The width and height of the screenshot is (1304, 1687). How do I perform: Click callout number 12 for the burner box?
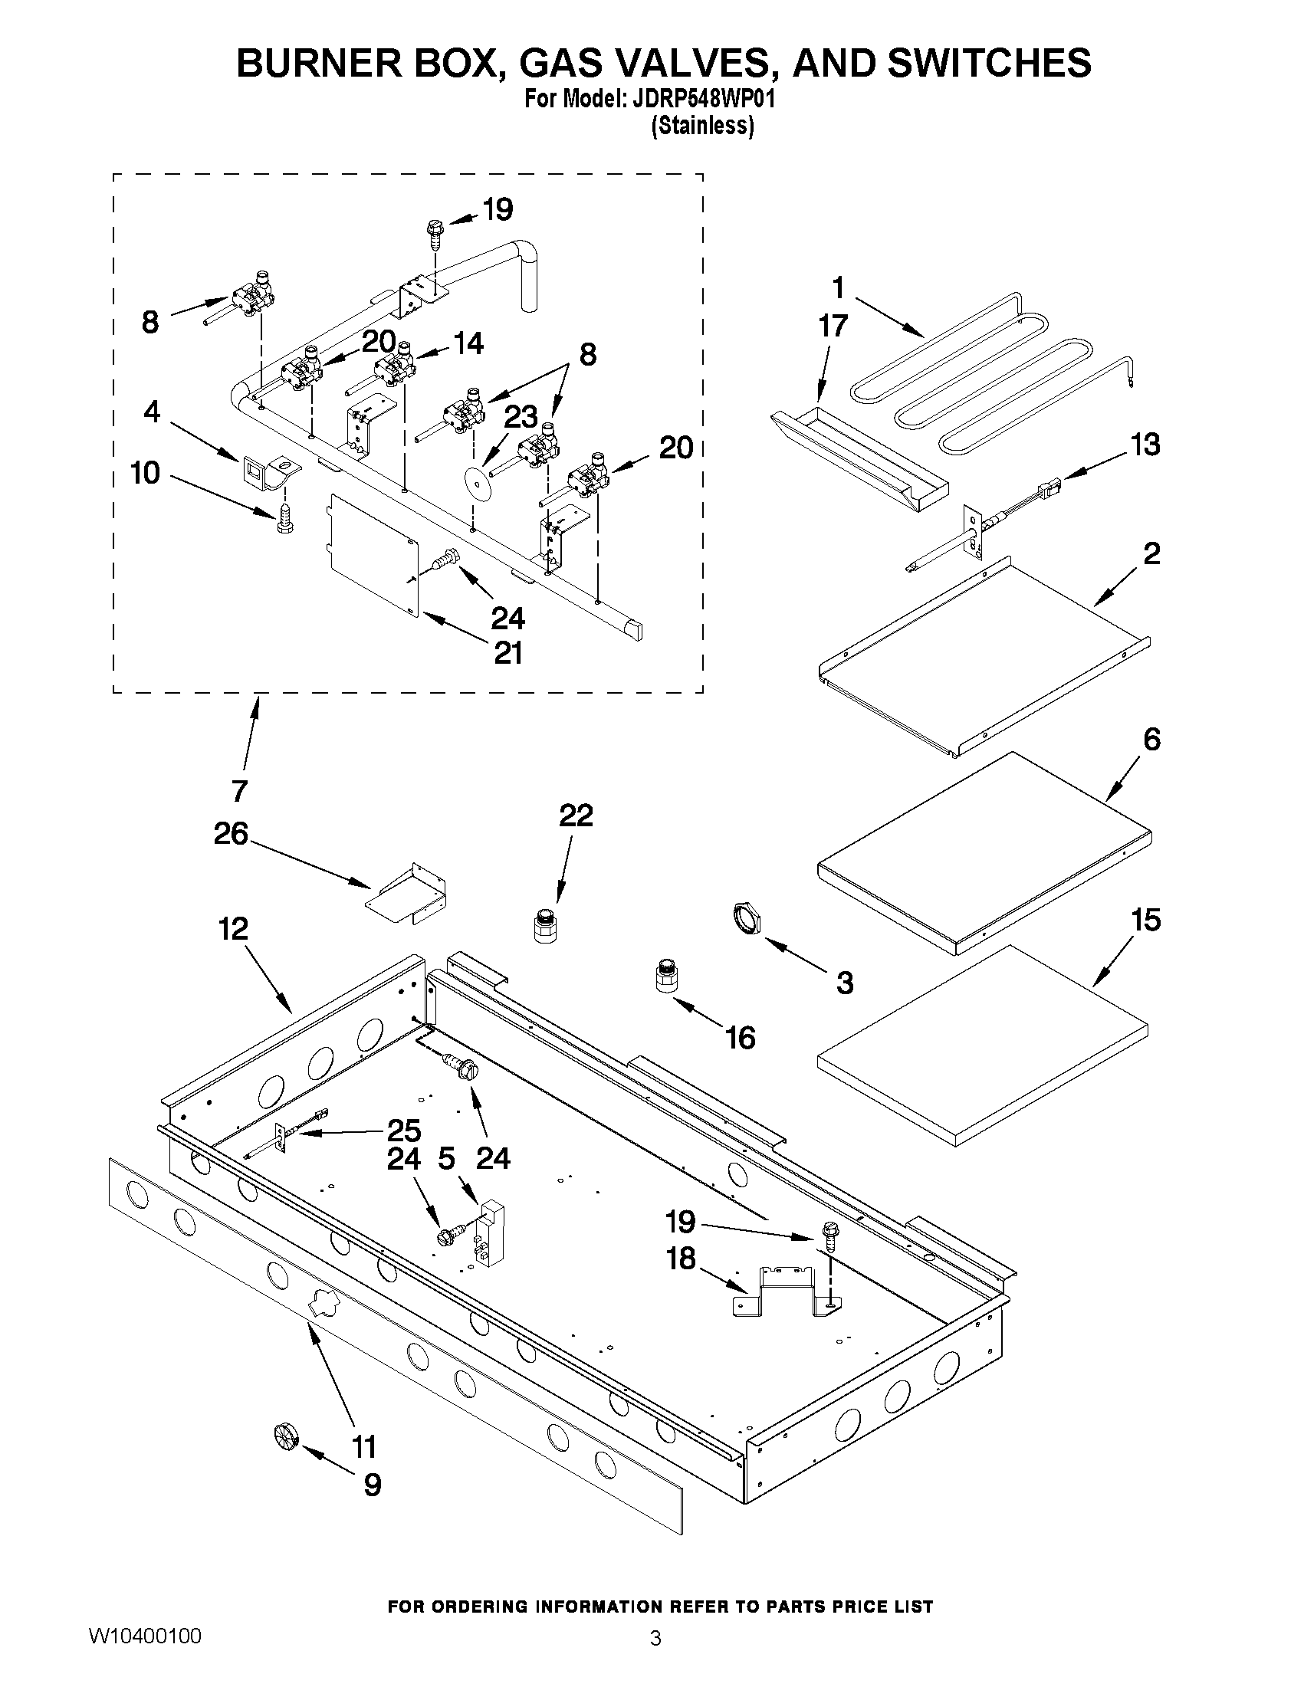point(232,928)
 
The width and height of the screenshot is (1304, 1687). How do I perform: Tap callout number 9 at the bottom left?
point(373,1485)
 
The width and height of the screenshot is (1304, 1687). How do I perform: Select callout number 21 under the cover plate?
point(508,654)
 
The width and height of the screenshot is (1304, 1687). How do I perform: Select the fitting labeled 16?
point(666,976)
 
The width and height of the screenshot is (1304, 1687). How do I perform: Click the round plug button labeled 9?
point(285,1436)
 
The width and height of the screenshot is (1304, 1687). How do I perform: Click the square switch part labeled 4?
point(254,468)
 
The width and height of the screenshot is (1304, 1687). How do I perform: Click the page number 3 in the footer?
point(655,1659)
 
